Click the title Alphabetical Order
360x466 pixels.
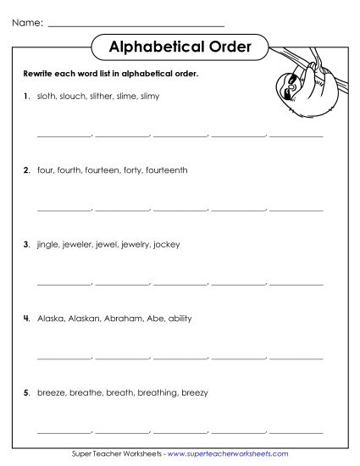(x=180, y=47)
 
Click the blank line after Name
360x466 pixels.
(x=136, y=25)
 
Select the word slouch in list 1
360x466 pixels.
(x=69, y=97)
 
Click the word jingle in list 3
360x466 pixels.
(x=47, y=244)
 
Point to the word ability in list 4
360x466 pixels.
(x=180, y=319)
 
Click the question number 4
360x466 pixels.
(x=26, y=319)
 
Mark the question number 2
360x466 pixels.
(x=26, y=170)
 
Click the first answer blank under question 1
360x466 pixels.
(x=63, y=134)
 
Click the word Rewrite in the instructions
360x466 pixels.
(x=40, y=75)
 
